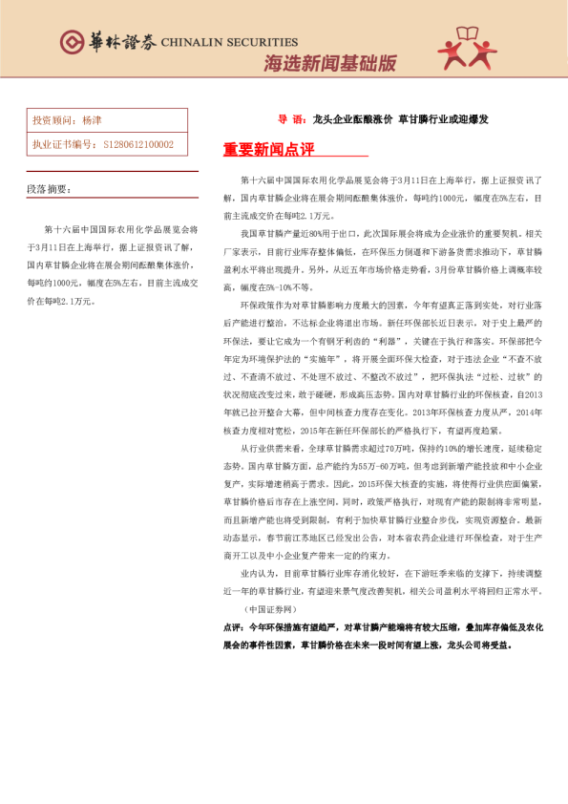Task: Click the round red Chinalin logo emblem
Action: pyautogui.click(x=72, y=41)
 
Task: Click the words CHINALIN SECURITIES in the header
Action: pyautogui.click(x=229, y=42)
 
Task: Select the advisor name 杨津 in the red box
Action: pyautogui.click(x=93, y=121)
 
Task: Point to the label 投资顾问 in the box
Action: pyautogui.click(x=52, y=121)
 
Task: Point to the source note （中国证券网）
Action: pyautogui.click(x=270, y=607)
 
